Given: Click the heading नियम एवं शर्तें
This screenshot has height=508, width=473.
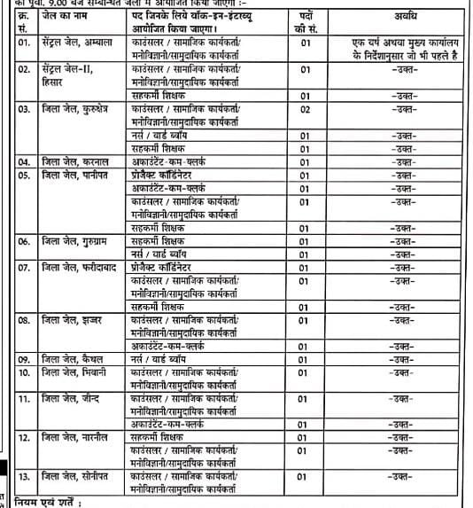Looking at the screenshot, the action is click(x=41, y=502).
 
